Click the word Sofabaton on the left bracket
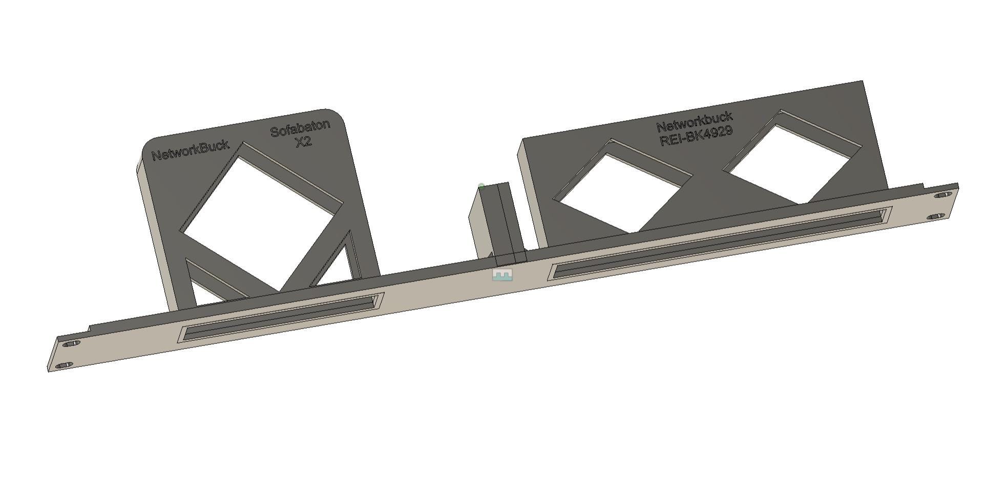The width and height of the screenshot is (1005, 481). click(x=300, y=127)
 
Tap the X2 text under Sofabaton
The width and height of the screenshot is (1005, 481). click(x=303, y=142)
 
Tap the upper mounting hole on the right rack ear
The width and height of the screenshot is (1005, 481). click(x=943, y=195)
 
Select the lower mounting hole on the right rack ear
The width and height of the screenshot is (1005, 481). click(x=935, y=216)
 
